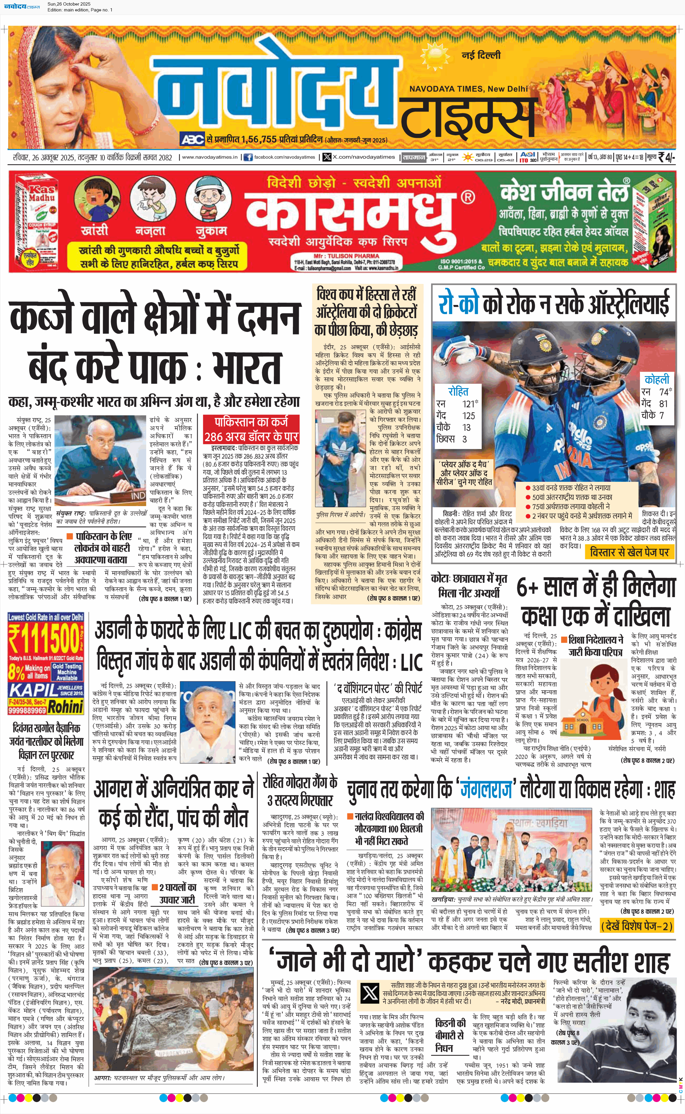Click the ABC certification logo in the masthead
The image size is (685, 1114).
pyautogui.click(x=192, y=139)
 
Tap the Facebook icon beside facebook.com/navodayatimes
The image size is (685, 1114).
pyautogui.click(x=248, y=157)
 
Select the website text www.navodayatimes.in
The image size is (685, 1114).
pyautogui.click(x=209, y=157)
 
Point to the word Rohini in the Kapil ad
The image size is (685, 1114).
pyautogui.click(x=66, y=706)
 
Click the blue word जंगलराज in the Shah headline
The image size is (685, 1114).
pyautogui.click(x=486, y=790)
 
